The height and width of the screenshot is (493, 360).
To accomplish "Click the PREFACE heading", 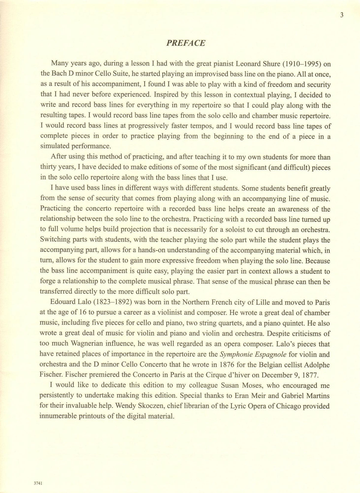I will point(186,43).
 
